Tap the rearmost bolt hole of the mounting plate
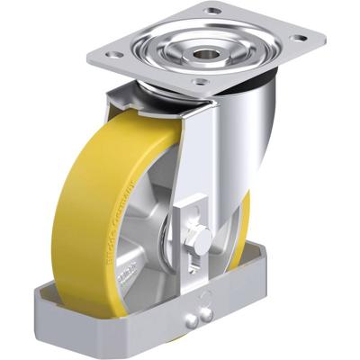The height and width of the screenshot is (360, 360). [x=213, y=11]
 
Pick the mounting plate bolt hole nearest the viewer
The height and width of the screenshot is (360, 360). [x=202, y=82]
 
